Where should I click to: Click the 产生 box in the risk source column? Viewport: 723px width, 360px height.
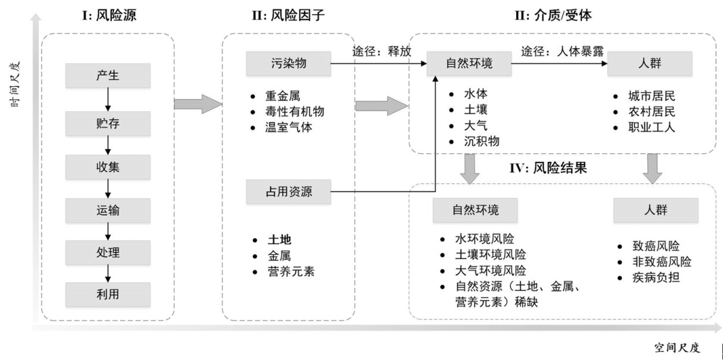107,76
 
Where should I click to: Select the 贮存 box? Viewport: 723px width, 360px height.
107,124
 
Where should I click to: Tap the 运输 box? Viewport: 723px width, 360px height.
107,210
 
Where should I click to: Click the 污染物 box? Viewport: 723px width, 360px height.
289,64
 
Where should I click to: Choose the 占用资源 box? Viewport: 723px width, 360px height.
289,193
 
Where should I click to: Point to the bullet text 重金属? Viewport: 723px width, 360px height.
281,96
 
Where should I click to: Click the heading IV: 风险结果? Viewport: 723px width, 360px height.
548,169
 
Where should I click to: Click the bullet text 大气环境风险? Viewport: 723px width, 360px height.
490,271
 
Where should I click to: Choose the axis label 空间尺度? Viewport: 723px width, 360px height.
677,347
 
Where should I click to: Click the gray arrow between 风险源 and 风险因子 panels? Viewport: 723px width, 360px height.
197,104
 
